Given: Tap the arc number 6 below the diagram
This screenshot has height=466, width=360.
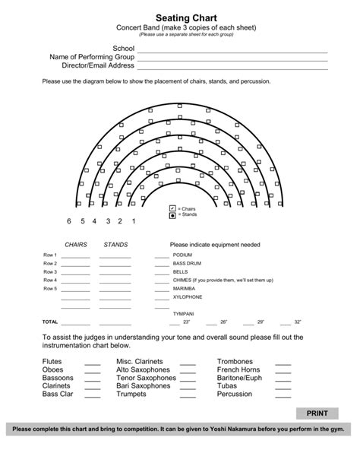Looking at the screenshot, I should pos(68,221).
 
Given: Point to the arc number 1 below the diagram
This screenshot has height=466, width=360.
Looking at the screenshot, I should pos(134,221).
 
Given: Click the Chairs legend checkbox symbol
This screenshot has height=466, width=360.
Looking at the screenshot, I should pos(172,208).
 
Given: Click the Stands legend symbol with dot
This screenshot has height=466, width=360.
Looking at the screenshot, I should pos(172,215).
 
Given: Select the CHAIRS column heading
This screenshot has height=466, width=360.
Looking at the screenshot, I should pos(76,245).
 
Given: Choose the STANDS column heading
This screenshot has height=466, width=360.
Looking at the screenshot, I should pos(115,245).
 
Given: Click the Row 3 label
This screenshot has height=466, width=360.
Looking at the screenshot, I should pos(50,272).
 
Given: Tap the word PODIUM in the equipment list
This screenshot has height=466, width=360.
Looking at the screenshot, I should pos(182,255).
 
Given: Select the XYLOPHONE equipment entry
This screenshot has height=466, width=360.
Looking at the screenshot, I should pos(188,297).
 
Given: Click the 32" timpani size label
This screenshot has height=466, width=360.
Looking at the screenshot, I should pos(298,322).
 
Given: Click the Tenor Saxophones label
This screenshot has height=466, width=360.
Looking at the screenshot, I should pos(146,378).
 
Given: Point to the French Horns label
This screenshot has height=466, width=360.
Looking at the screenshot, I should pos(239,369).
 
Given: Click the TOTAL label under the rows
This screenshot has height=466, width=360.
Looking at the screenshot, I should pos(50,322).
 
